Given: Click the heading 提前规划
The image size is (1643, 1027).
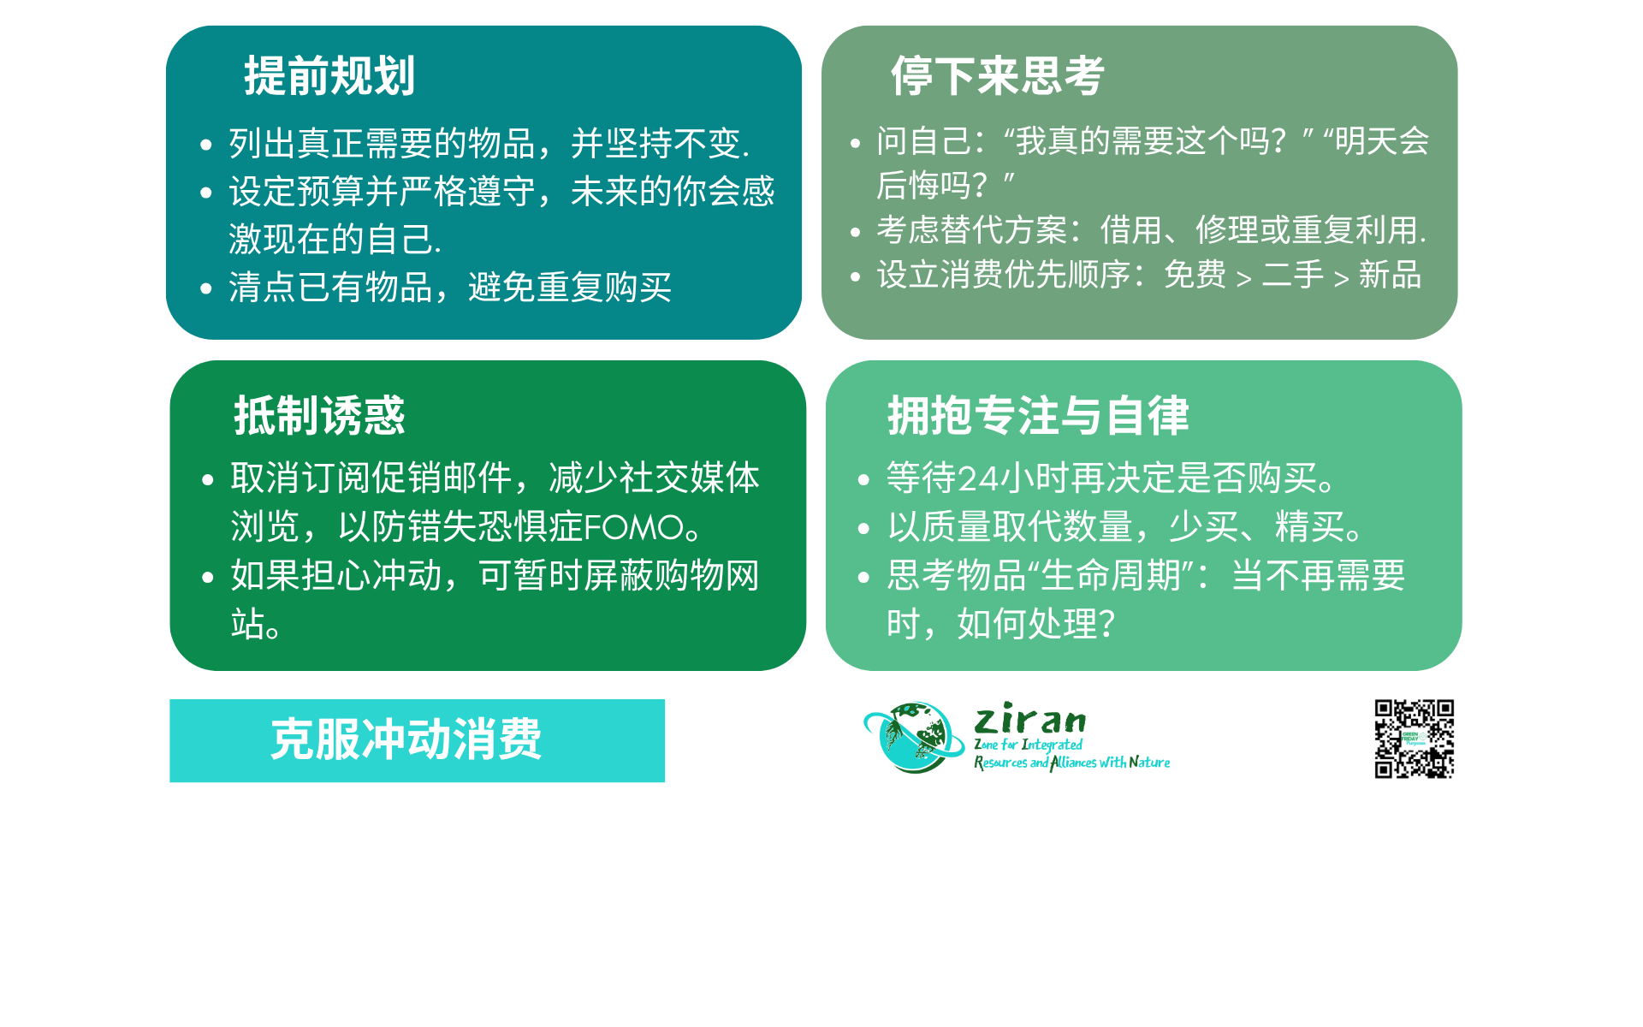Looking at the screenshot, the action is point(329,75).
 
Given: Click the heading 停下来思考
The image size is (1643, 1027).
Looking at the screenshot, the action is point(998,75).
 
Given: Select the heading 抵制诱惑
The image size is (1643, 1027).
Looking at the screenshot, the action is point(319,416).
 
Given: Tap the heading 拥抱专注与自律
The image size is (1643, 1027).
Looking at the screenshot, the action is point(1038,416).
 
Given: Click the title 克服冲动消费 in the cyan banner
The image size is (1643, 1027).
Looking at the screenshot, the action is point(406,739).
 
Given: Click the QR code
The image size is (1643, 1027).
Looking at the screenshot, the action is point(1414,739).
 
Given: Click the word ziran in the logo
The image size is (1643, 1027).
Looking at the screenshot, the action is point(1030,719).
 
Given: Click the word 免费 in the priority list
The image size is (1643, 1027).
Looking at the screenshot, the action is point(1195,275).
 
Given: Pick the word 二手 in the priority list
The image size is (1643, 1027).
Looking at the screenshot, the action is point(1293,275).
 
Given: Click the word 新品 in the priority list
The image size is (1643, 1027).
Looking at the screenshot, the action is point(1391,275).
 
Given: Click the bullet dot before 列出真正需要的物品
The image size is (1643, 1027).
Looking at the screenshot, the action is point(205,145).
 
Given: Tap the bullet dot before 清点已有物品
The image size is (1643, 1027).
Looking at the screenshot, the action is point(205,288).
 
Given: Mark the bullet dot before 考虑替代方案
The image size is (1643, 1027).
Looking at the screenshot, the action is point(855,231).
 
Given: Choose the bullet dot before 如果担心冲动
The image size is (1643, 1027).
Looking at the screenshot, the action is point(207,578).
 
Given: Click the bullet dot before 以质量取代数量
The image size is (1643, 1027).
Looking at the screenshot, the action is point(863,529).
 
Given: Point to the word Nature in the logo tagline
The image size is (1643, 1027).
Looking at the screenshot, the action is point(1149,762).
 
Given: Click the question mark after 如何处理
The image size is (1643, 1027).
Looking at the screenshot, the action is point(1106,625).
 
